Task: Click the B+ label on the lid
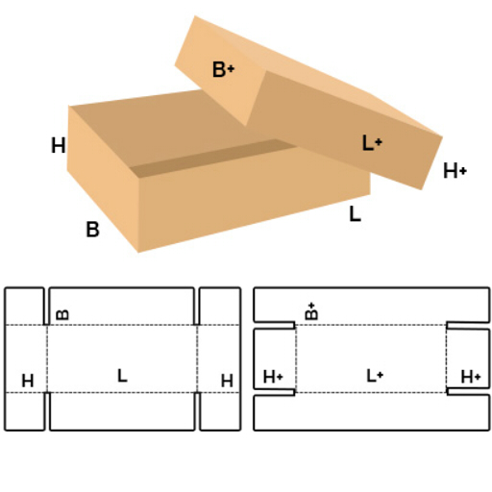pos(223,69)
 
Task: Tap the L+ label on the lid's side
pos(372,143)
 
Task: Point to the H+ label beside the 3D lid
pos(455,170)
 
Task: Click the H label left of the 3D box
pos(59,145)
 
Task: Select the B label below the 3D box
pos(92,230)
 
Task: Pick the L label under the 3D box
pos(355,214)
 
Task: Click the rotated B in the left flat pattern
pos(62,314)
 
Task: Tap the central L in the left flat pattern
pos(122,376)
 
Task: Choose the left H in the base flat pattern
pos(28,381)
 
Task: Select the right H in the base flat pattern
pos(227,381)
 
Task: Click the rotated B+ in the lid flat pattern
pos(311,311)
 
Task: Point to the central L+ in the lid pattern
pos(375,376)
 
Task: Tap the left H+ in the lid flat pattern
pos(273,377)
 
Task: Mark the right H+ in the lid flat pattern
pos(471,377)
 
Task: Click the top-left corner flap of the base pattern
pos(24,306)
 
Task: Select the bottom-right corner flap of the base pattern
pos(220,411)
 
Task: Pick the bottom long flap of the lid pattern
pos(372,412)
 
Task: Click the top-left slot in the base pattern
pos(47,307)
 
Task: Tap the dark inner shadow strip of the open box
pos(213,158)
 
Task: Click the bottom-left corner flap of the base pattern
pos(24,411)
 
